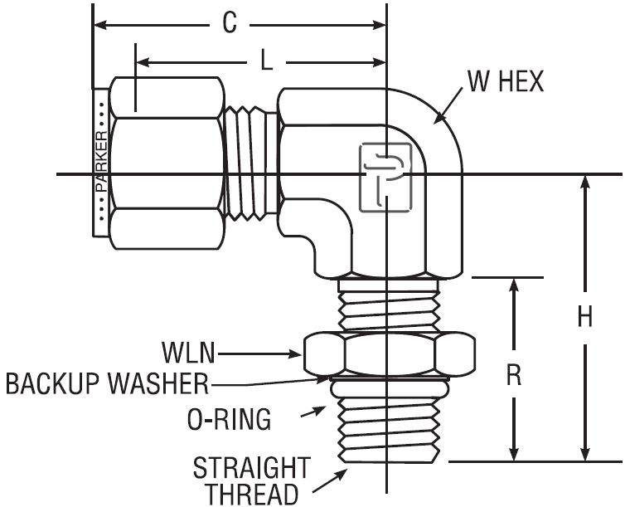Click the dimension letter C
click(230, 24)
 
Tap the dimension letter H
click(585, 317)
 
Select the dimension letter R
click(514, 375)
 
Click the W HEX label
click(504, 82)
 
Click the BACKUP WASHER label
click(105, 384)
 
